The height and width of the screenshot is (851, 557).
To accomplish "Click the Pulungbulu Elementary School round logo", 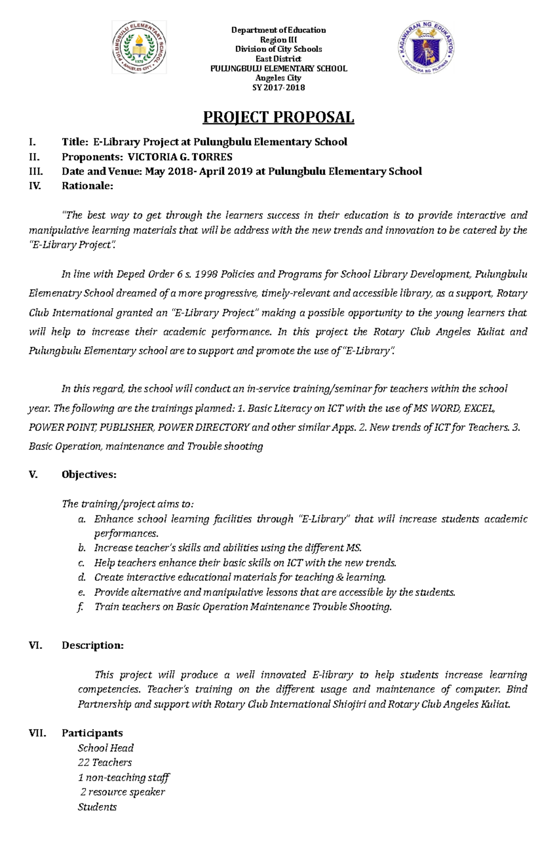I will (139, 47).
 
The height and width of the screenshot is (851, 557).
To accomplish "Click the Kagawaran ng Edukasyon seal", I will (426, 47).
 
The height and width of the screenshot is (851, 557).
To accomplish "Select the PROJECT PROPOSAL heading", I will (278, 117).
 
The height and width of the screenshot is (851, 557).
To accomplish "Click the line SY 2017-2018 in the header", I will (278, 88).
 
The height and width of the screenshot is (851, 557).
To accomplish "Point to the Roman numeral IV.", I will (35, 186).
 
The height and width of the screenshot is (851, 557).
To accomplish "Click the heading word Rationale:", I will (87, 186).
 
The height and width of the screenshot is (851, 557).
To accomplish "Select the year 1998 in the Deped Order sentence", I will (206, 274).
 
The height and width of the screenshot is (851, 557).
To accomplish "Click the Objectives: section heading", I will (89, 474).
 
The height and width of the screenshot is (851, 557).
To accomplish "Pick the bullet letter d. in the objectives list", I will (82, 577).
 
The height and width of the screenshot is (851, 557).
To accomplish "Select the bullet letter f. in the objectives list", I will (81, 607).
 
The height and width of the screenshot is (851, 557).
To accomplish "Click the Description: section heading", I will (92, 645).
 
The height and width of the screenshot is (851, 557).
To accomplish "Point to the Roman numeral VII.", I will (37, 733).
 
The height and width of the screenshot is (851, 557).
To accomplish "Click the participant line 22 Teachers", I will (105, 762).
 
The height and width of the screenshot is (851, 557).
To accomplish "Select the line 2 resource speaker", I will (123, 792).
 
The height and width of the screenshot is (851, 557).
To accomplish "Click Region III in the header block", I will (278, 40).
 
